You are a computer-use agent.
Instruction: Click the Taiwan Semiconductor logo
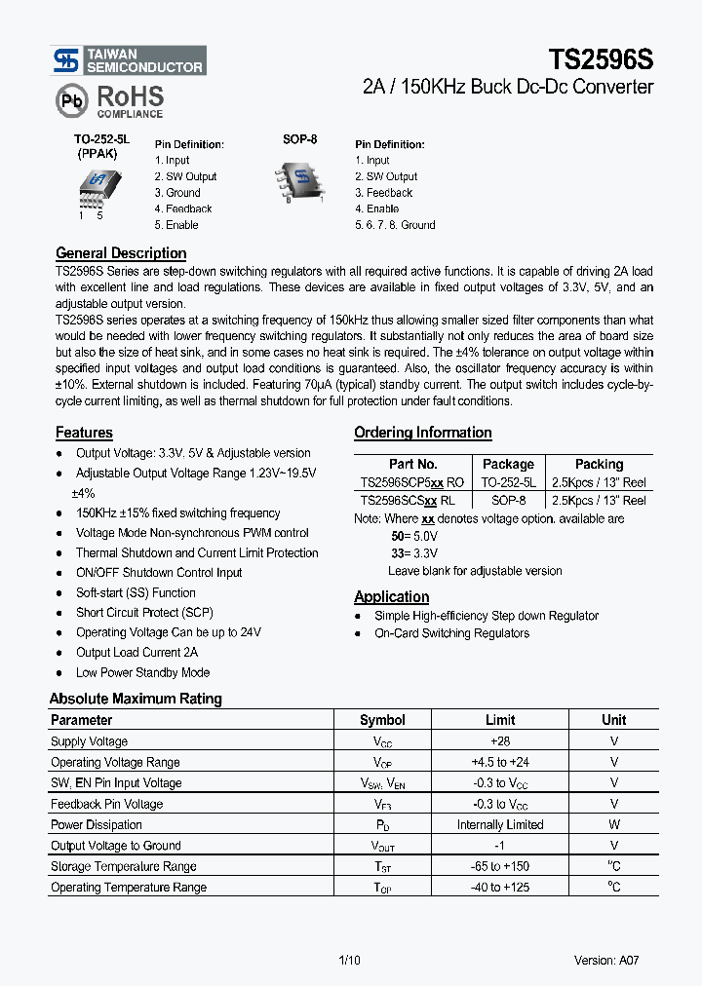129,60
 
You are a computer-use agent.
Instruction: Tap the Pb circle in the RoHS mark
70,101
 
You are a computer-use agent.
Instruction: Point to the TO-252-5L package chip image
95,184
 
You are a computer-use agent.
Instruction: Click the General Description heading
121,253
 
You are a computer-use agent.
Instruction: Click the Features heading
84,433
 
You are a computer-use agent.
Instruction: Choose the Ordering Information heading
422,433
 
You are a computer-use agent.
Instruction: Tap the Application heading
391,596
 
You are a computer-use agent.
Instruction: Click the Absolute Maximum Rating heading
136,699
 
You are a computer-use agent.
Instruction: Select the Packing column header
599,464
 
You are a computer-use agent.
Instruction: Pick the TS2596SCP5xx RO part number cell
412,482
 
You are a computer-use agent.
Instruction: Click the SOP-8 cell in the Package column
508,500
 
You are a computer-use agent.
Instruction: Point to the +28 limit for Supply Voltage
499,741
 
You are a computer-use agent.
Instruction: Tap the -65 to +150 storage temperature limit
499,866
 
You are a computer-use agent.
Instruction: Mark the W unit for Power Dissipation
613,824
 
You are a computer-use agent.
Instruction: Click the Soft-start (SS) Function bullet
136,592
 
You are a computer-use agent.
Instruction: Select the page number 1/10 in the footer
348,960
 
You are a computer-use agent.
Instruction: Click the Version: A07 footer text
606,960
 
